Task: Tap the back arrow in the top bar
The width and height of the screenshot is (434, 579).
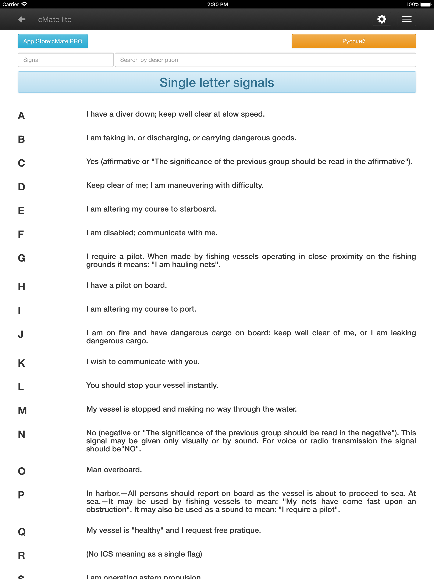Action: coord(22,19)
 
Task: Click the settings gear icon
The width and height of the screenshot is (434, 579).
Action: coord(382,19)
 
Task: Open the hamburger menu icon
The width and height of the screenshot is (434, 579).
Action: coord(406,19)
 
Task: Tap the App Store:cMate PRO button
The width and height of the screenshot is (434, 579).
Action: coord(53,41)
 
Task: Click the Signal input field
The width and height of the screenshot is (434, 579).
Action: coord(65,60)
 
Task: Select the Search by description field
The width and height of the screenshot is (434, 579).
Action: coord(265,60)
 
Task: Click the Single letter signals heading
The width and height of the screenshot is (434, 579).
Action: coord(217,82)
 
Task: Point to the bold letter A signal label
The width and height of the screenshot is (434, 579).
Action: coord(21,116)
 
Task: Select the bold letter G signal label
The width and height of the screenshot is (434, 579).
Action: coord(21,258)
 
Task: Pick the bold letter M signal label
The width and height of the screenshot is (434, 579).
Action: coord(22,411)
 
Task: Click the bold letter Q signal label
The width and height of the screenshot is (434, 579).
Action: coord(22,532)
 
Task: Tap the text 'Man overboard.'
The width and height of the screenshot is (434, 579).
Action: coord(114,470)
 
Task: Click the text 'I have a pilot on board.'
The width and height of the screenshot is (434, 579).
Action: coord(127,285)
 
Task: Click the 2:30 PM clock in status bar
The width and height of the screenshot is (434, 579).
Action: coord(217,4)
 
